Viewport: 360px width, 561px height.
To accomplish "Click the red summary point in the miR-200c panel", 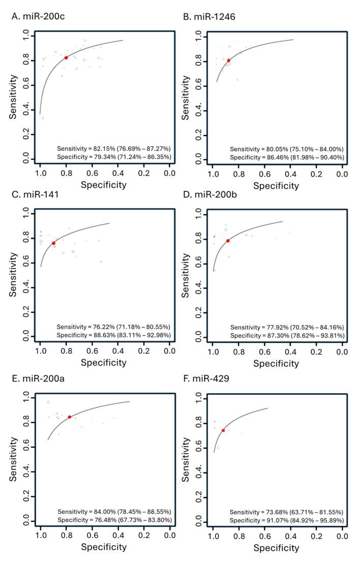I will point(66,57).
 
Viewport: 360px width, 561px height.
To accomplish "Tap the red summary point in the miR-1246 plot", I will point(229,61).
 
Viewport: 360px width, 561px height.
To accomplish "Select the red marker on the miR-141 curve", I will point(53,243).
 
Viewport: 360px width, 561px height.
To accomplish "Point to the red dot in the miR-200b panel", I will point(228,241).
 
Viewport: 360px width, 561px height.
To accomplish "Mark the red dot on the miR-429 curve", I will point(223,430).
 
